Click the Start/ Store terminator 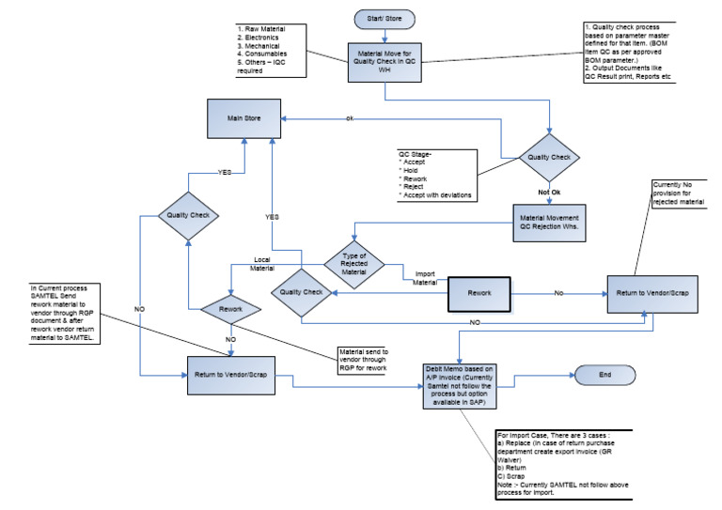[x=382, y=18]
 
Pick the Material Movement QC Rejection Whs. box [x=554, y=222]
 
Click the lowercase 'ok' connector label [x=350, y=119]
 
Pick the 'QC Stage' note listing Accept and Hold [x=435, y=175]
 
